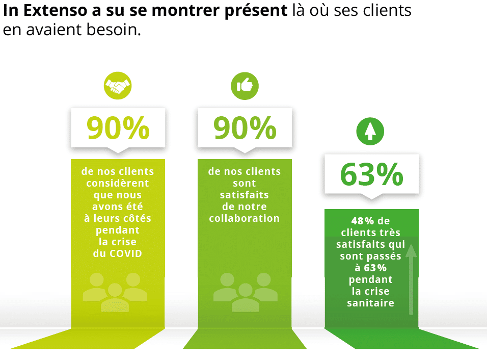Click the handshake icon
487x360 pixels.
[118, 86]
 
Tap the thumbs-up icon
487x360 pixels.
[245, 86]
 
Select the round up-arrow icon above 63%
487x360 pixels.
[370, 132]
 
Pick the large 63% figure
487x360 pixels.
[371, 174]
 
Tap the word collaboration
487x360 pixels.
[245, 218]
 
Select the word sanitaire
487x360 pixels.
[371, 303]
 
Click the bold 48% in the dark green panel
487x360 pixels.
[363, 221]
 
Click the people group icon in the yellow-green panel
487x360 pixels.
[115, 292]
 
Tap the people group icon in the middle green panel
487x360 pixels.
[245, 292]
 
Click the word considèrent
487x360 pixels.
[118, 183]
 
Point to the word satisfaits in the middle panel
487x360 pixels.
[245, 195]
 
